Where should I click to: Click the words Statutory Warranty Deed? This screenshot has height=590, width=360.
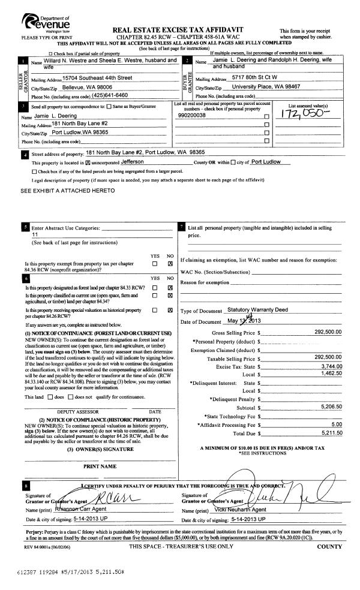coord(259,310)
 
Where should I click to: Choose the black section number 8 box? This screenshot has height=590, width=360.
coord(25,486)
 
